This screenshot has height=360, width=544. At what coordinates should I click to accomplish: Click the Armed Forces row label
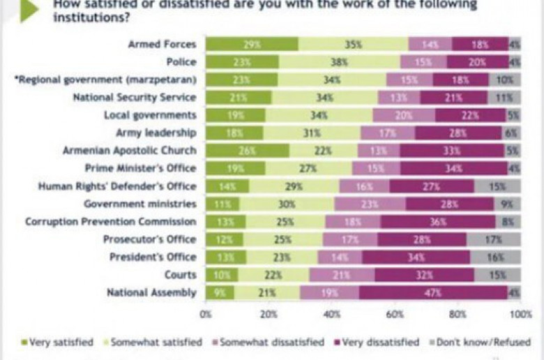point(162,44)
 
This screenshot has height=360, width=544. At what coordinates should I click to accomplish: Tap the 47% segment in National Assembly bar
point(433,293)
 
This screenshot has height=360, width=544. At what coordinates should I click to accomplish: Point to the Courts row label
point(179,275)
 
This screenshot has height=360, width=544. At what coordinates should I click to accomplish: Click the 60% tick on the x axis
point(395,315)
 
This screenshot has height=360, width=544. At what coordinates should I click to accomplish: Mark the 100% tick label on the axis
point(520,315)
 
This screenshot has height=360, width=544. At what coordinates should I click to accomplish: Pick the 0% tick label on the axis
point(206,315)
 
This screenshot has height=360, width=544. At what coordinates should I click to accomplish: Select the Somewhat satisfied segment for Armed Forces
point(353,44)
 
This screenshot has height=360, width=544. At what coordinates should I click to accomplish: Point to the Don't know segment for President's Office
point(495,257)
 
